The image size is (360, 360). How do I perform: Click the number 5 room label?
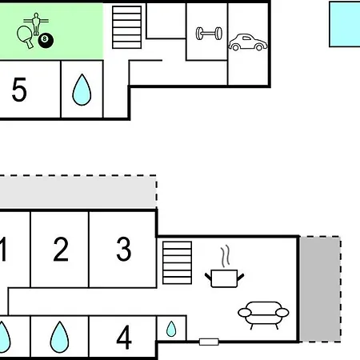[x=19, y=90]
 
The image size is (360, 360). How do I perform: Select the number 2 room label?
[x=61, y=249]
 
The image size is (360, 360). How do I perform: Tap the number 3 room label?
[x=124, y=249]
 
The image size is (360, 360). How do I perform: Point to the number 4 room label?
[x=124, y=338]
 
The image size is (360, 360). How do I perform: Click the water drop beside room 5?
[x=82, y=90]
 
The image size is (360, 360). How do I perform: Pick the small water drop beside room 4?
[x=171, y=329]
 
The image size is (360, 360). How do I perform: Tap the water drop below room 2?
[x=59, y=337]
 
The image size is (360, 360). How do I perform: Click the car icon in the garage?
[x=248, y=42]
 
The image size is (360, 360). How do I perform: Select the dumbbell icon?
[x=209, y=34]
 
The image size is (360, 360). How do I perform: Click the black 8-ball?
[x=46, y=40]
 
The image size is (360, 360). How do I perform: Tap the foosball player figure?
[x=36, y=24]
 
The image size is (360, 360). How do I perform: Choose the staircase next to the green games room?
[x=127, y=27]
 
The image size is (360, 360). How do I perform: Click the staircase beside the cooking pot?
[x=177, y=262]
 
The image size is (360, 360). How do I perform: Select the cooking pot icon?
[x=224, y=278]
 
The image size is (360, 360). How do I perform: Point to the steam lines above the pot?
[x=225, y=256]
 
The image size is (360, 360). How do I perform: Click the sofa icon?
[x=263, y=315]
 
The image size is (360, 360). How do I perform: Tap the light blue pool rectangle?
[x=345, y=24]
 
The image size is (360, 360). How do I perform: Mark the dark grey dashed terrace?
[x=320, y=289]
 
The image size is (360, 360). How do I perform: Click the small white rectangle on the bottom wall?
[x=209, y=342]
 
